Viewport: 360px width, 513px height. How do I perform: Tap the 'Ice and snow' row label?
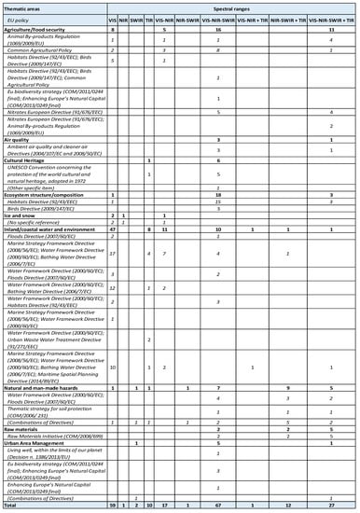coord(23,212)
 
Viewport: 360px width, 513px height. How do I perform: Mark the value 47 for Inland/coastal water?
coord(112,227)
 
